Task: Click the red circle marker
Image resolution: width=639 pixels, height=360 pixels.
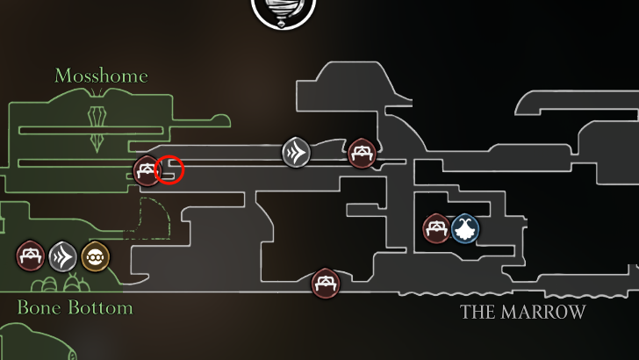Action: pos(169,170)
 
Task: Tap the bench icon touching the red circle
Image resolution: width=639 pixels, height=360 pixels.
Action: pos(147,171)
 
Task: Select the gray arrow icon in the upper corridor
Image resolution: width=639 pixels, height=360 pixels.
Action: pos(297,153)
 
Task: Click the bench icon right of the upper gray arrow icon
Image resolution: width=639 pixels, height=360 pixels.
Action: pos(361,154)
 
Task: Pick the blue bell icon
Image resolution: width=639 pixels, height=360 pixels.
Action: pos(465,229)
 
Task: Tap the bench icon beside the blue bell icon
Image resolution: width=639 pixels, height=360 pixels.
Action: pos(437,229)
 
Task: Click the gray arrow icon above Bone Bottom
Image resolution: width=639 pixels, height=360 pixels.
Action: pos(63,256)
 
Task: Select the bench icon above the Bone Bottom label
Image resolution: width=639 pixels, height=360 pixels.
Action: pos(31,256)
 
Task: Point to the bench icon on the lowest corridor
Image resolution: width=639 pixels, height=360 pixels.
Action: pos(326,283)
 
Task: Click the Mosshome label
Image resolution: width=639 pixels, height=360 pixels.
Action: pos(101,76)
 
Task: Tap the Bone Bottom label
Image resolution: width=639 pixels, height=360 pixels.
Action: pos(75,308)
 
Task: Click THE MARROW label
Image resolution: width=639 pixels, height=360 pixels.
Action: pos(522,312)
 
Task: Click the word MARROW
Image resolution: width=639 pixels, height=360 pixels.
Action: pos(541,312)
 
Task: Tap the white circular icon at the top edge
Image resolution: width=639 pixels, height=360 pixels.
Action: pos(284,11)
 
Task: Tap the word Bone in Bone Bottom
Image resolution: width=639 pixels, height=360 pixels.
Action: pos(36,308)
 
